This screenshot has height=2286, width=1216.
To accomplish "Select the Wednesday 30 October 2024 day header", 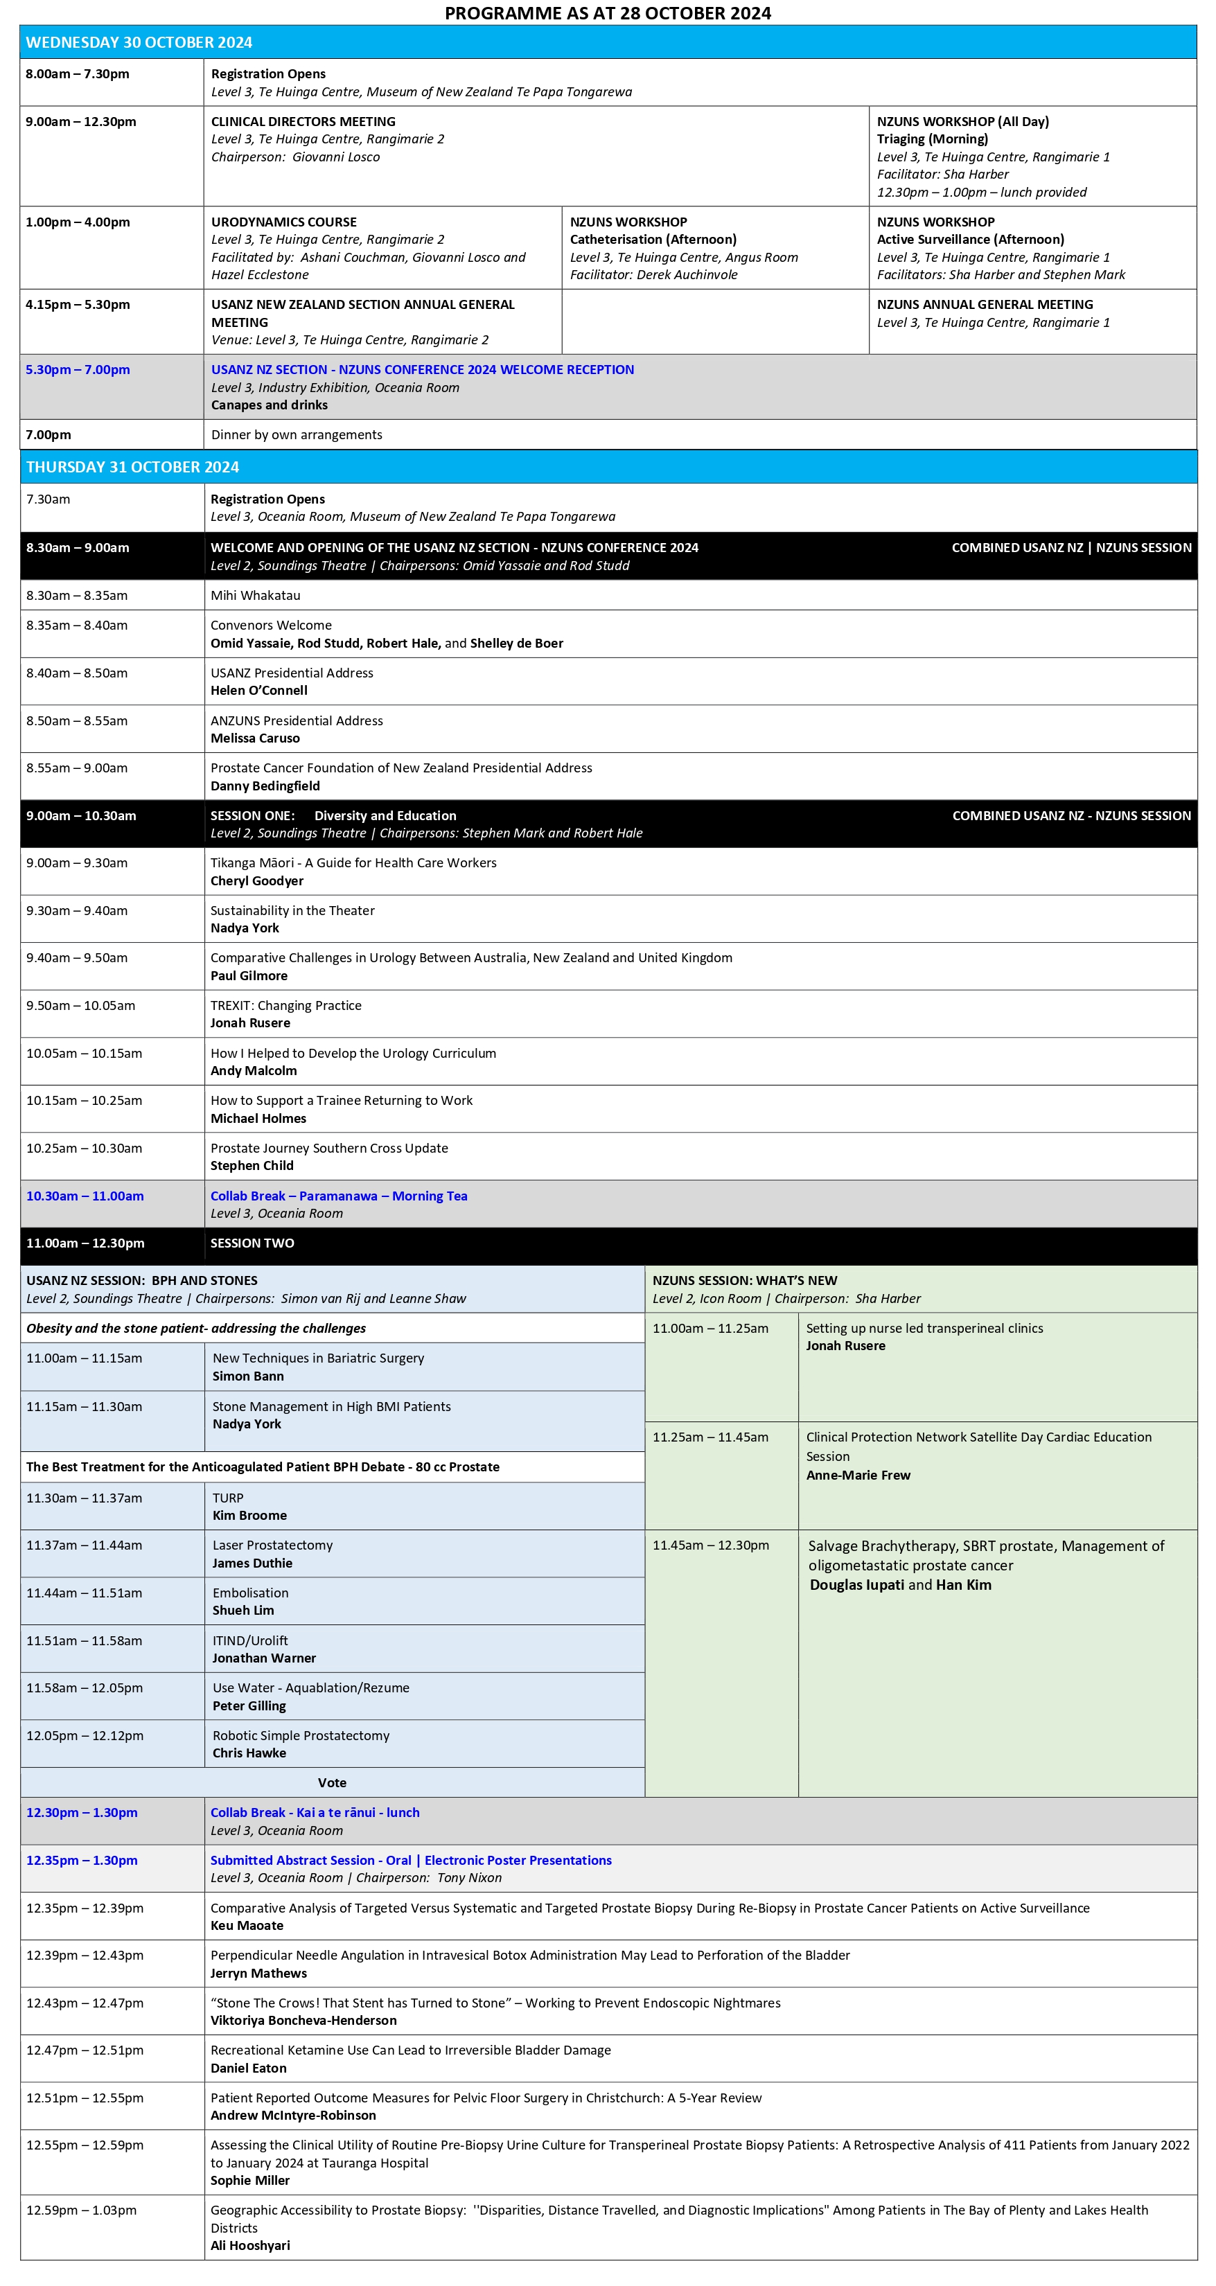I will click(x=139, y=42).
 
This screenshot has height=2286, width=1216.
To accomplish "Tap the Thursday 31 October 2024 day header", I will click(x=132, y=467).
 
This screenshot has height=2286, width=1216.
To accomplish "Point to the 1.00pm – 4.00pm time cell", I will click(x=78, y=222).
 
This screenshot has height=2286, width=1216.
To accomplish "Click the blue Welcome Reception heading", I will click(x=423, y=369).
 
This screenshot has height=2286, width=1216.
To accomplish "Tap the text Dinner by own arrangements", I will click(x=297, y=435).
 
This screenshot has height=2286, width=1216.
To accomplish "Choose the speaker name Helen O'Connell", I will click(x=259, y=691).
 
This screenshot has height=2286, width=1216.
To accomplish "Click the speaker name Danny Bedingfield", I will click(x=265, y=786).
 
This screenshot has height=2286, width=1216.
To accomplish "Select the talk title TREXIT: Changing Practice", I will click(x=285, y=1005).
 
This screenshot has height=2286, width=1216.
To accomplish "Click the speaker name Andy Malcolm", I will click(x=254, y=1070).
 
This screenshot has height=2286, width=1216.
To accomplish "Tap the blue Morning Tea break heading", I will click(x=339, y=1196).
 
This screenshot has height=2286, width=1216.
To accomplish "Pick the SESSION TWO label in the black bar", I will click(x=252, y=1243).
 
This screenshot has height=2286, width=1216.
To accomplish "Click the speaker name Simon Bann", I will click(x=249, y=1376).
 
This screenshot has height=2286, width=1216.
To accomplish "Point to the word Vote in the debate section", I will click(x=332, y=1783).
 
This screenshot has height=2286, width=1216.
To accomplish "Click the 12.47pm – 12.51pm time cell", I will click(x=85, y=2050).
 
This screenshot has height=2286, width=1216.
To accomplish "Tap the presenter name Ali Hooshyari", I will click(x=250, y=2245).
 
